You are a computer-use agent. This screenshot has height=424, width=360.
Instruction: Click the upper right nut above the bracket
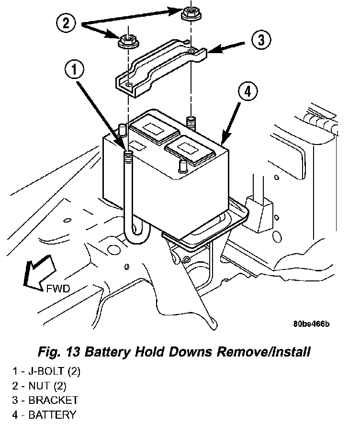(x=190, y=14)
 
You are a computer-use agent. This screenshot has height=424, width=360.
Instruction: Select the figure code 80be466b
(x=311, y=324)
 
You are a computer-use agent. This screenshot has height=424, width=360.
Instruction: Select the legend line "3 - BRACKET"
(x=45, y=400)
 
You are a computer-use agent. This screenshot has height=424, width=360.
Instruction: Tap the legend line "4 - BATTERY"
(x=44, y=414)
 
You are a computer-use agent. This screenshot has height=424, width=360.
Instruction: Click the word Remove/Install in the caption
(x=264, y=352)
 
